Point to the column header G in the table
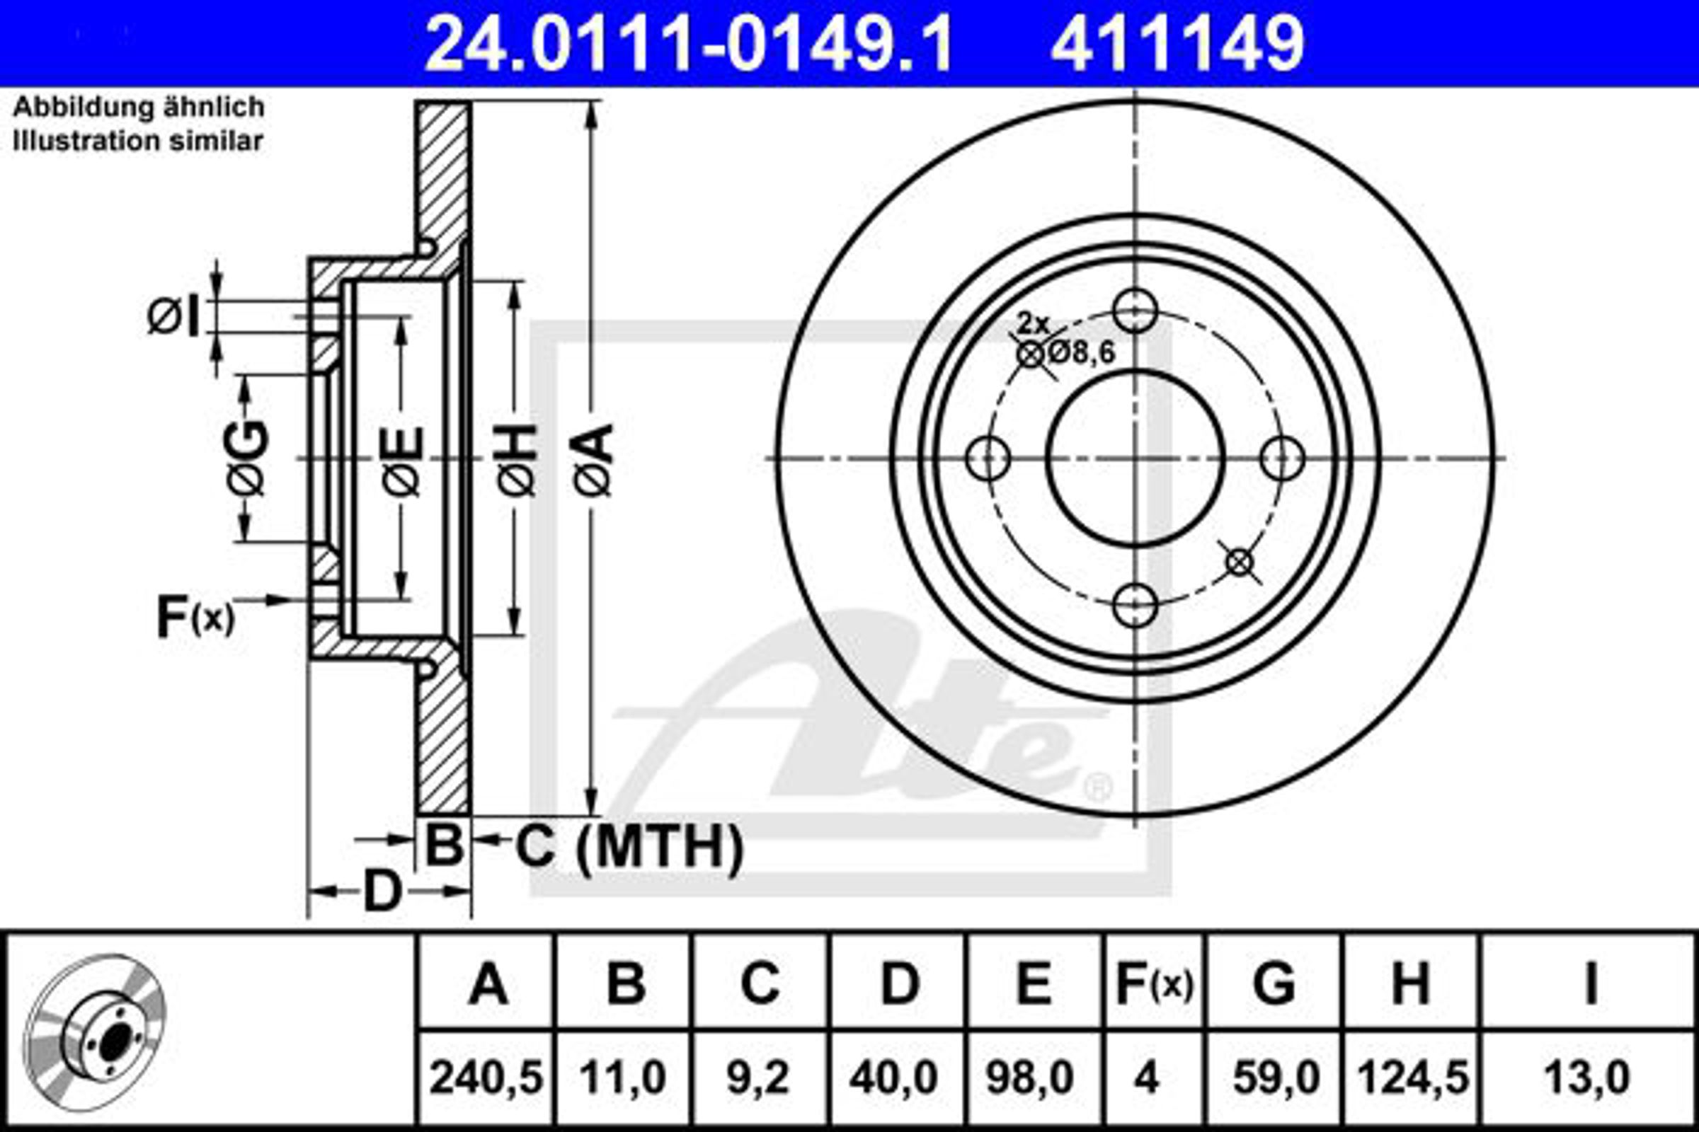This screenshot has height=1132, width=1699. [x=1274, y=983]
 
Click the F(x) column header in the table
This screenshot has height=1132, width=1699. [x=1155, y=983]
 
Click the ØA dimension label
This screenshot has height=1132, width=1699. [x=594, y=460]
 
